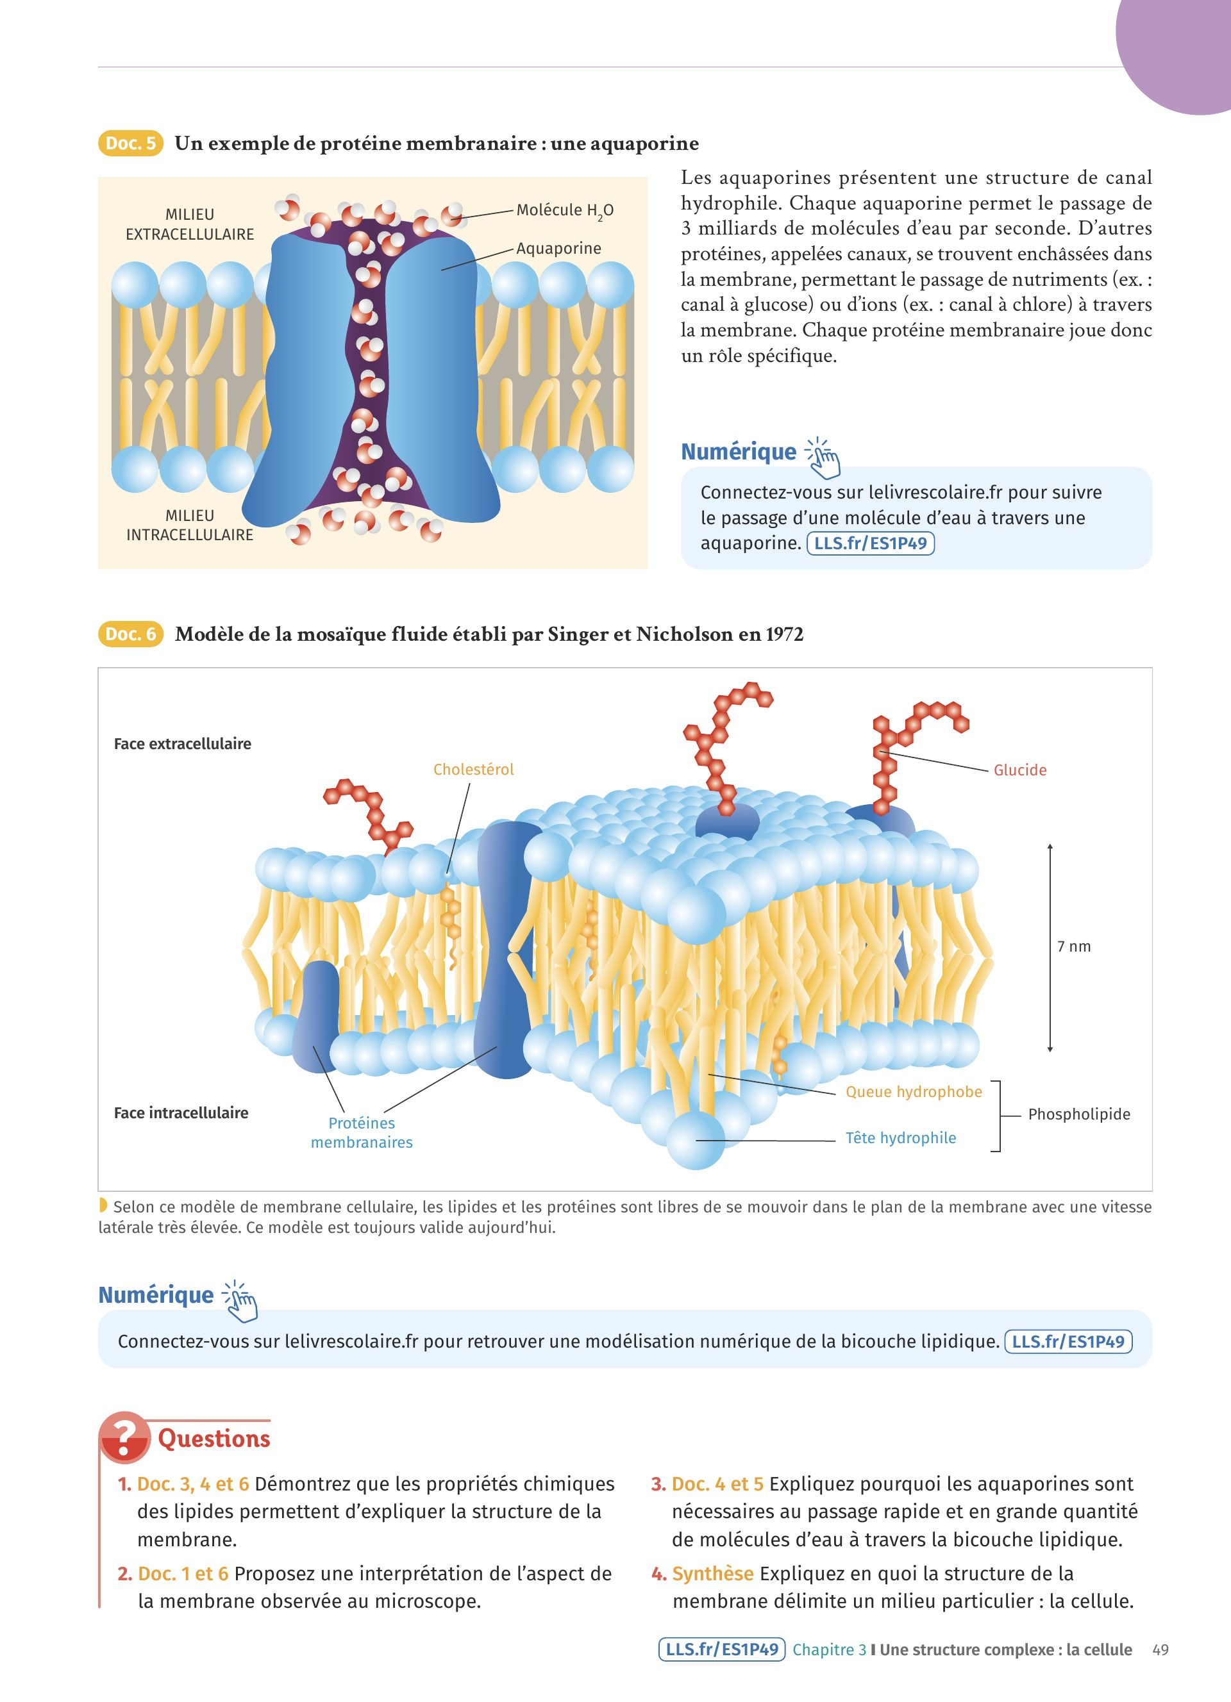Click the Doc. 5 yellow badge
[131, 144]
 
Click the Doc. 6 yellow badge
[131, 634]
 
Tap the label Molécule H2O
[564, 211]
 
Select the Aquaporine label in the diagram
[558, 249]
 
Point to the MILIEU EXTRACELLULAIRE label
[190, 224]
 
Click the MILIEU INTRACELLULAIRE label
[190, 525]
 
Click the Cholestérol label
[473, 769]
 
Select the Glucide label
[1019, 770]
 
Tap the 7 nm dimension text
[1074, 946]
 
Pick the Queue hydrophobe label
[914, 1092]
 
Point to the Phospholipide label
[1078, 1114]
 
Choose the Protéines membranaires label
[362, 1132]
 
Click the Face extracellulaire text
[182, 744]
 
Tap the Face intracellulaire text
[181, 1113]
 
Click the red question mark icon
[124, 1437]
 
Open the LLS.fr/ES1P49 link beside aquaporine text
[870, 543]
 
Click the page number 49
[1160, 1649]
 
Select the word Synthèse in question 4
[712, 1574]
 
